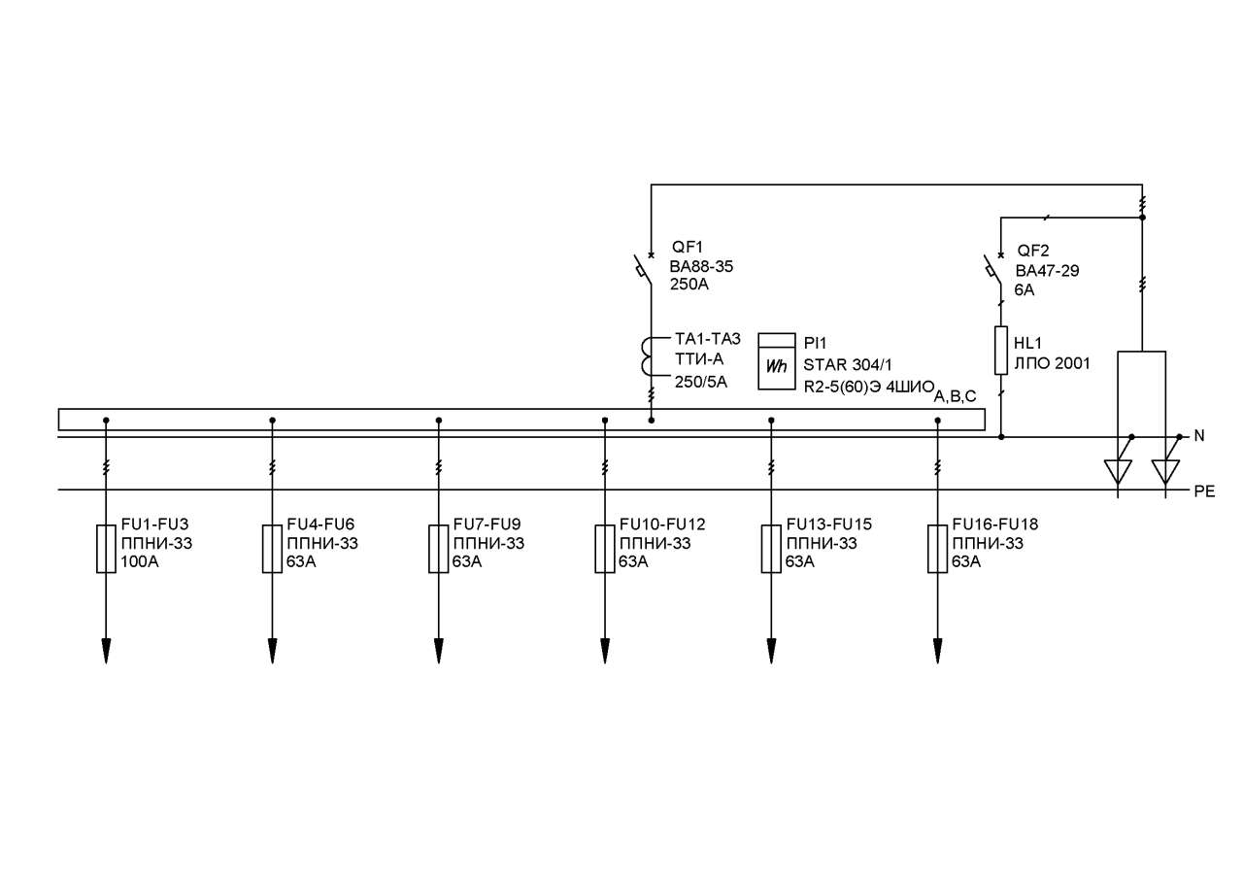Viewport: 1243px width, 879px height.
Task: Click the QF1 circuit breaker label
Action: [687, 247]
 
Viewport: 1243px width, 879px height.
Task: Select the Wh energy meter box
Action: [777, 361]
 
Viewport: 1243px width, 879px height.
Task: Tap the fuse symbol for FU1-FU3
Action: [106, 549]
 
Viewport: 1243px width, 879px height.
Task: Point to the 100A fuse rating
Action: [140, 562]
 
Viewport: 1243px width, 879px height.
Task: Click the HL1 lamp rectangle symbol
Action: [1001, 351]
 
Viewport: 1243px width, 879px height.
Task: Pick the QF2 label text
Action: [1032, 251]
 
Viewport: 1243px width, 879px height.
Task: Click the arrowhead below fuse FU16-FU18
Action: [938, 651]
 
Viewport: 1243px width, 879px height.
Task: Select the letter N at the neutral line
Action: [1199, 436]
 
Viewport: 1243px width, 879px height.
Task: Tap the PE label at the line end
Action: [1205, 491]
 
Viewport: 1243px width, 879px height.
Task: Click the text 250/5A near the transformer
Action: [701, 383]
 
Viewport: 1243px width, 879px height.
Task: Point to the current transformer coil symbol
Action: [648, 356]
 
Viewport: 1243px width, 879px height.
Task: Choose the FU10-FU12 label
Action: [662, 524]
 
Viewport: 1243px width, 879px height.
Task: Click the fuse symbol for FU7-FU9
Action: [438, 549]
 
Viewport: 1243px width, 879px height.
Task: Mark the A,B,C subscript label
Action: [955, 397]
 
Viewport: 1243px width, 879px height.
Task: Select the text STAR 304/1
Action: [848, 365]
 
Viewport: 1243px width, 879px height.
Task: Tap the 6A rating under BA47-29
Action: [1025, 290]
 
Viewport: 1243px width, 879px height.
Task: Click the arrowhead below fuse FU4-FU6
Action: [272, 651]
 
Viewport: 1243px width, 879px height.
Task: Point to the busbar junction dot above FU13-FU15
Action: [771, 421]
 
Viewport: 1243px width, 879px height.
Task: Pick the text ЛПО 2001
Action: [1052, 363]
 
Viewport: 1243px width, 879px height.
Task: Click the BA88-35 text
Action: [701, 267]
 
